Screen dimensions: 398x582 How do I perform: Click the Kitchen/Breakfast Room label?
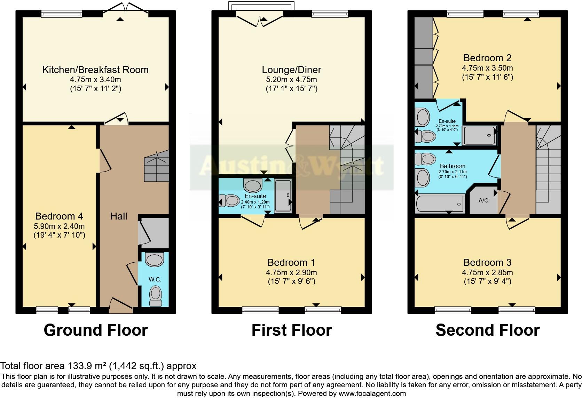(x=95, y=70)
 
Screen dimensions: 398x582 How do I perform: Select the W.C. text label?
(x=155, y=279)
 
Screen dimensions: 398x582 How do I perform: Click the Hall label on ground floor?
(x=119, y=216)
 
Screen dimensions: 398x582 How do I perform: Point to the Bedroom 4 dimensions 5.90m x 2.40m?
(x=59, y=226)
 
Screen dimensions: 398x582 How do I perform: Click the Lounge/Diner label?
(x=291, y=70)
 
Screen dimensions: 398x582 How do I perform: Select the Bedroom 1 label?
(x=292, y=262)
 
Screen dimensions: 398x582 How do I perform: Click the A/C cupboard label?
(x=483, y=201)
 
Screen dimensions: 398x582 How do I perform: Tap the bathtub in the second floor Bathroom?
(x=440, y=204)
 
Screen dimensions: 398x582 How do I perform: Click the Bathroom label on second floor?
(x=453, y=166)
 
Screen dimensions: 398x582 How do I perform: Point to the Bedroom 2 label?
(x=487, y=58)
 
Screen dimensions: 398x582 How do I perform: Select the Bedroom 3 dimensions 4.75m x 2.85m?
(x=487, y=273)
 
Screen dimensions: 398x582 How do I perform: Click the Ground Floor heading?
(x=96, y=330)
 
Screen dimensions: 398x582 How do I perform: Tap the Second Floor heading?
(x=487, y=330)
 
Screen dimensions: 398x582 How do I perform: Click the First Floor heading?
(x=292, y=330)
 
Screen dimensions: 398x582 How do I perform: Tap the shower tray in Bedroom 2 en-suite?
(x=480, y=136)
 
